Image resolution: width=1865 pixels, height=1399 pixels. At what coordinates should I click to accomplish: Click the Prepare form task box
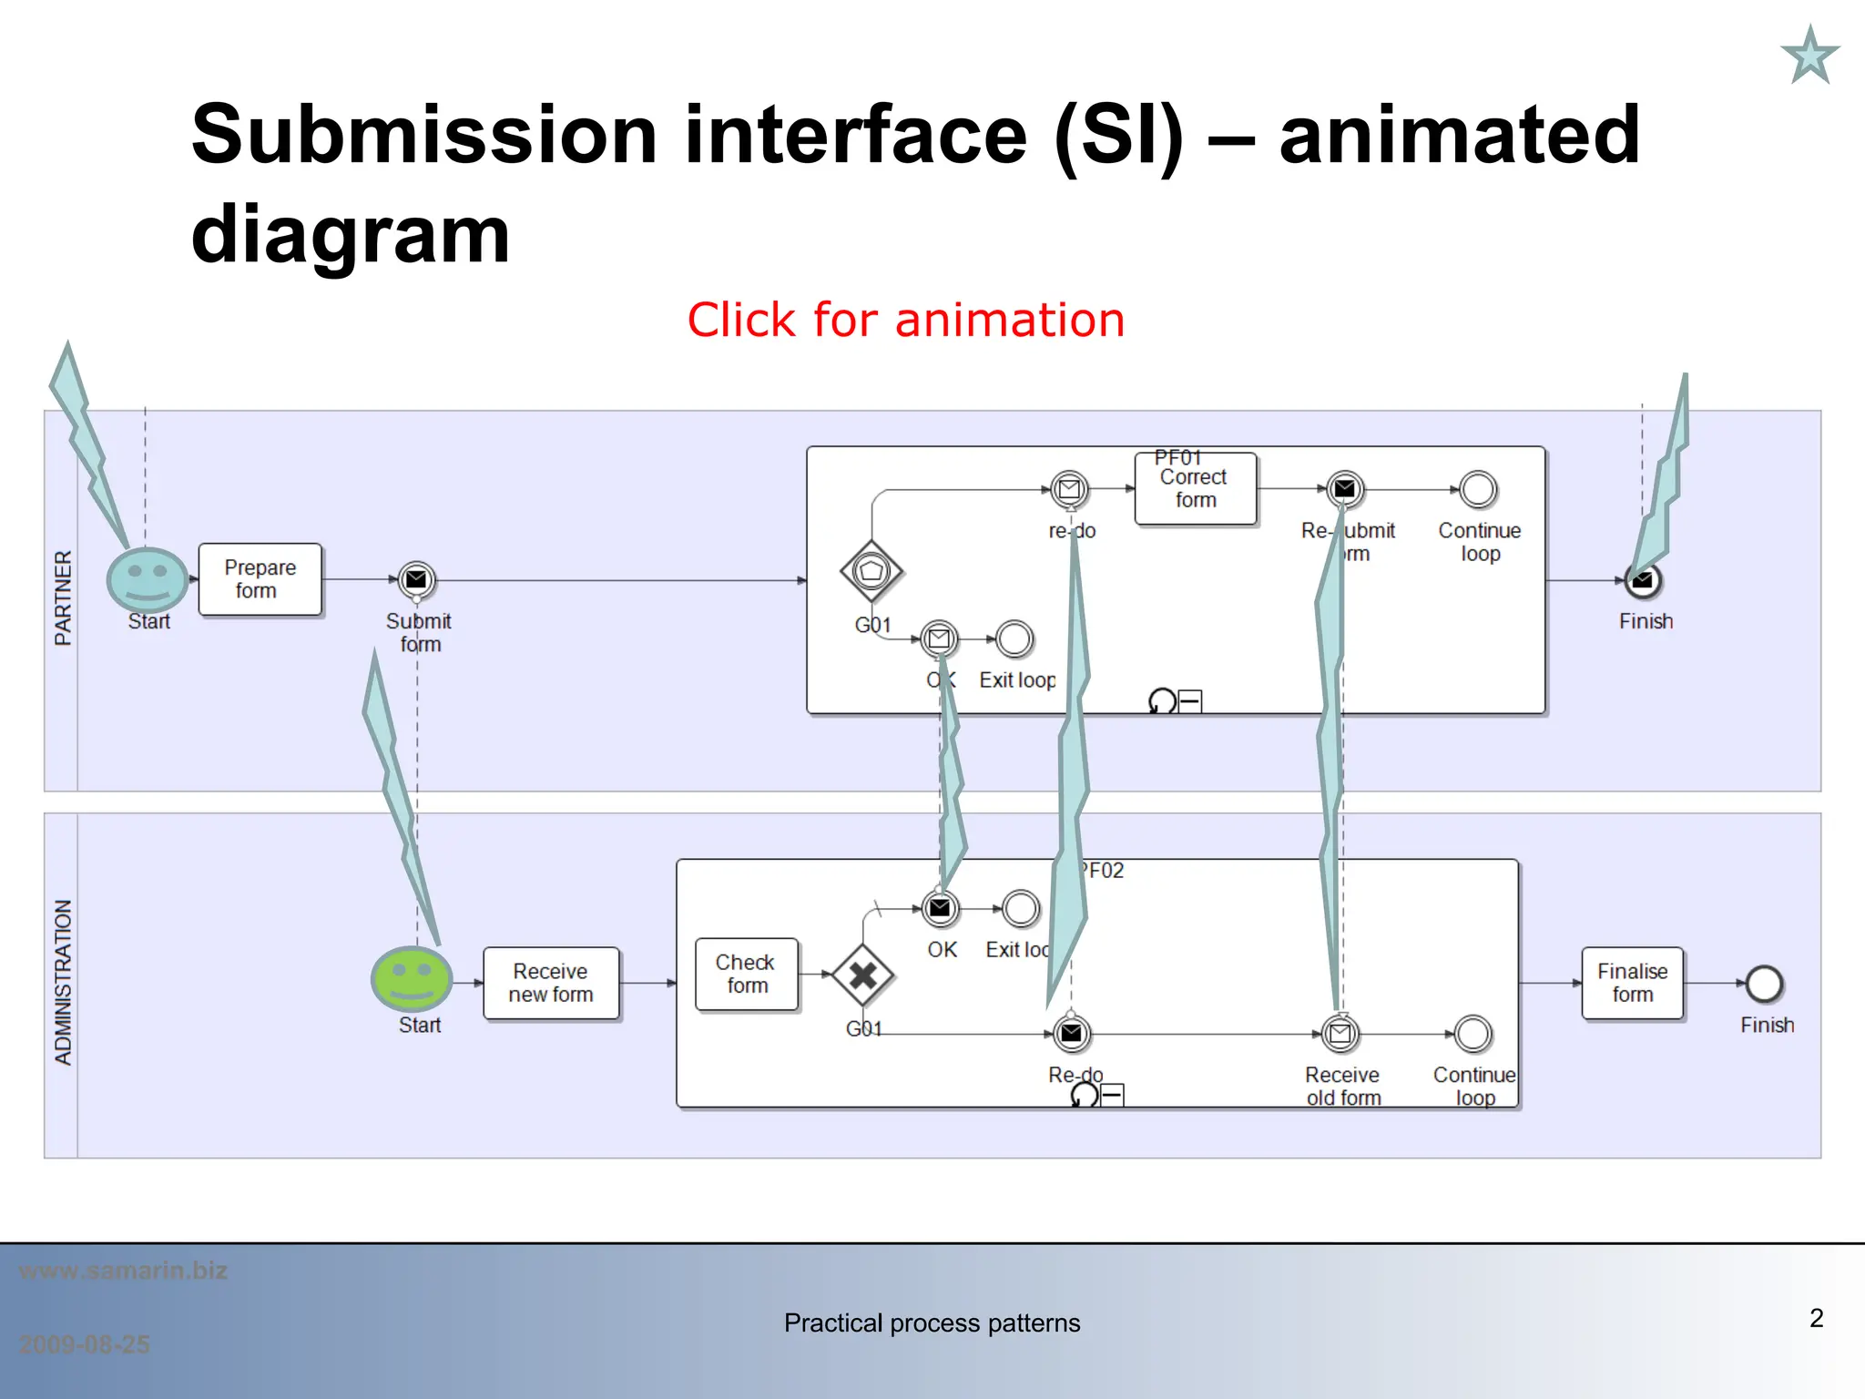coord(260,579)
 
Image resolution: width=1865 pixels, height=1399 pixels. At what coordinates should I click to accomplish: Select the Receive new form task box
coord(551,983)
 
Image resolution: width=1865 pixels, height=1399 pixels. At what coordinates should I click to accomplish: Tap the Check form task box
coord(747,974)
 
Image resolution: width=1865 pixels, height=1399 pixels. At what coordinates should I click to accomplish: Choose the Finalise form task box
coord(1632,983)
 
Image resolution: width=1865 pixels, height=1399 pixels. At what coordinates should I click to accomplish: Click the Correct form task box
coord(1195,489)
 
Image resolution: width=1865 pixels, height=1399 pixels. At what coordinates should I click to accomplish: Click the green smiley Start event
coord(412,978)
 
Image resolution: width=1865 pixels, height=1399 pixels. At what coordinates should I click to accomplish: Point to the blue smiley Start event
coord(147,579)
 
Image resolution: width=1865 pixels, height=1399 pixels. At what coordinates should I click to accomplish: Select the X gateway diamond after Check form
coord(862,975)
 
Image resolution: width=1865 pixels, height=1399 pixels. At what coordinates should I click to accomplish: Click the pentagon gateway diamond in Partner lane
coord(871,571)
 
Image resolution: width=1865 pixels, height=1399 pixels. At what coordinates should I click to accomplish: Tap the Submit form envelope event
coord(416,579)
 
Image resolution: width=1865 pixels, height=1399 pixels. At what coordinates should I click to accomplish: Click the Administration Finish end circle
coord(1764,984)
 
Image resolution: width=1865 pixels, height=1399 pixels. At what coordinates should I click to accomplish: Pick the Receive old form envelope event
coord(1340,1034)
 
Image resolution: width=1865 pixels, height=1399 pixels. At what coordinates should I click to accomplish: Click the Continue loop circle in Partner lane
coord(1478,489)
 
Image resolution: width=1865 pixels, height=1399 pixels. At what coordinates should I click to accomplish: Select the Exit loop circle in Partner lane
coord(1014,639)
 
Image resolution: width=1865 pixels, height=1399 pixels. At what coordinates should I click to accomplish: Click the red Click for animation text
coord(905,320)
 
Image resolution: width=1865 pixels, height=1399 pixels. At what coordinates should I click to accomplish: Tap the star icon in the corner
coord(1809,56)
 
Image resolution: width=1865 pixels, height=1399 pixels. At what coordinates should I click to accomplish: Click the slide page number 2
coord(1816,1318)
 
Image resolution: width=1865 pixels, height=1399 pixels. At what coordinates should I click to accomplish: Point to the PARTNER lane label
coord(62,597)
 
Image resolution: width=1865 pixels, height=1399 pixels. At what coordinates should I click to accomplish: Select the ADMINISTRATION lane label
coord(62,982)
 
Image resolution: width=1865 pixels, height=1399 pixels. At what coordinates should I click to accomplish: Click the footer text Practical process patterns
coord(932,1322)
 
